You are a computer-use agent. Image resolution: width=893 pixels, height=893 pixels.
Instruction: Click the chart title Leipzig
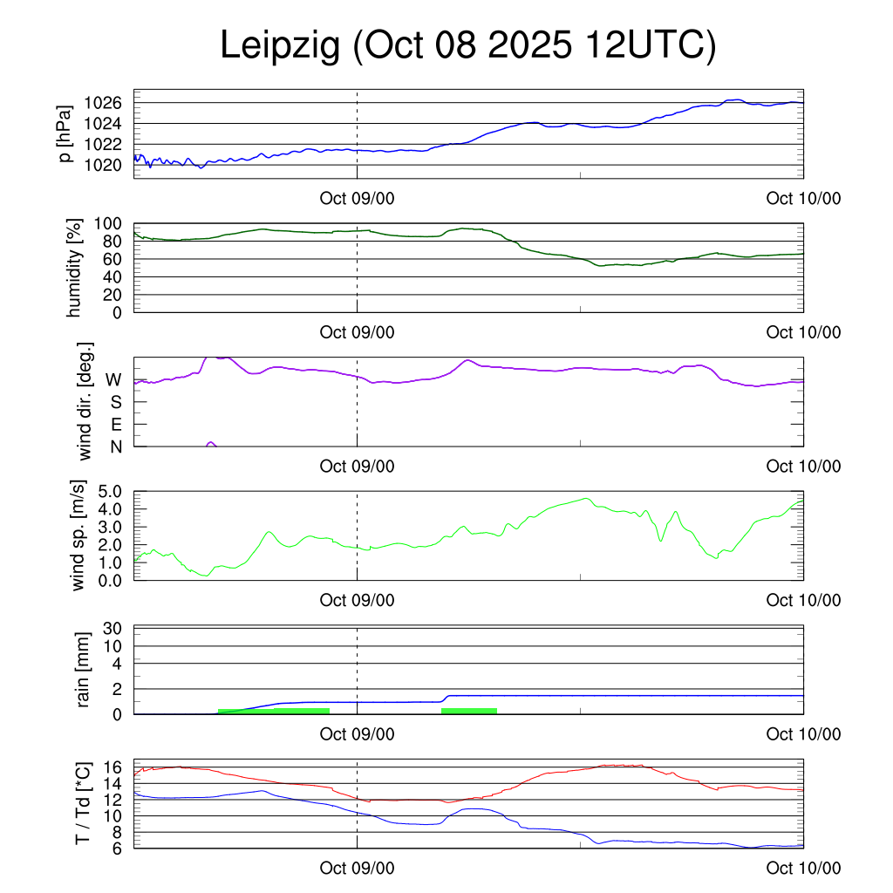pyautogui.click(x=280, y=45)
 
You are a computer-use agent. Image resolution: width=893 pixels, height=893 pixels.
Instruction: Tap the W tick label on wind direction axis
pyautogui.click(x=113, y=379)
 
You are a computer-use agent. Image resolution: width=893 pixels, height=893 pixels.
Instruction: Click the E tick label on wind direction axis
pyautogui.click(x=114, y=425)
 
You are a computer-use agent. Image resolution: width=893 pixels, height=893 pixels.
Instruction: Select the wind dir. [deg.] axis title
pyautogui.click(x=85, y=401)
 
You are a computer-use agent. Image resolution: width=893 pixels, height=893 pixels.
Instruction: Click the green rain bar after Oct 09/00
pyautogui.click(x=469, y=711)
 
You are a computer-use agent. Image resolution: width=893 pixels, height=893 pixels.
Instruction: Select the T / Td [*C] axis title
pyautogui.click(x=83, y=803)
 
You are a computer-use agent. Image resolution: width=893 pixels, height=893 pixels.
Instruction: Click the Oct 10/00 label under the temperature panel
pyautogui.click(x=803, y=869)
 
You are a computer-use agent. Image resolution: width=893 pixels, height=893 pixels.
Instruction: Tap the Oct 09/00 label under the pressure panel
pyautogui.click(x=357, y=199)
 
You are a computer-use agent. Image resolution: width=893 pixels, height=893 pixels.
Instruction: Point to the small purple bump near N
pyautogui.click(x=210, y=444)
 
